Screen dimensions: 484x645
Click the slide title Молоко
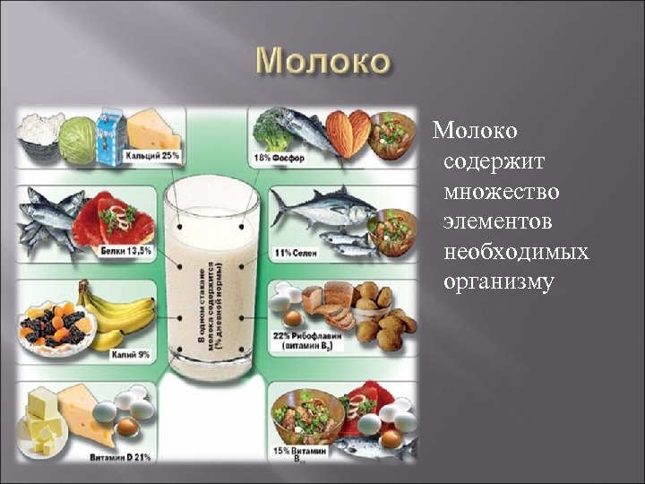(x=322, y=64)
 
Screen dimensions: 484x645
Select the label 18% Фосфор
(x=280, y=159)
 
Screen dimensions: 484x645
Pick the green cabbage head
(x=78, y=141)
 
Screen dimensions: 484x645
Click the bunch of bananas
(x=116, y=314)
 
